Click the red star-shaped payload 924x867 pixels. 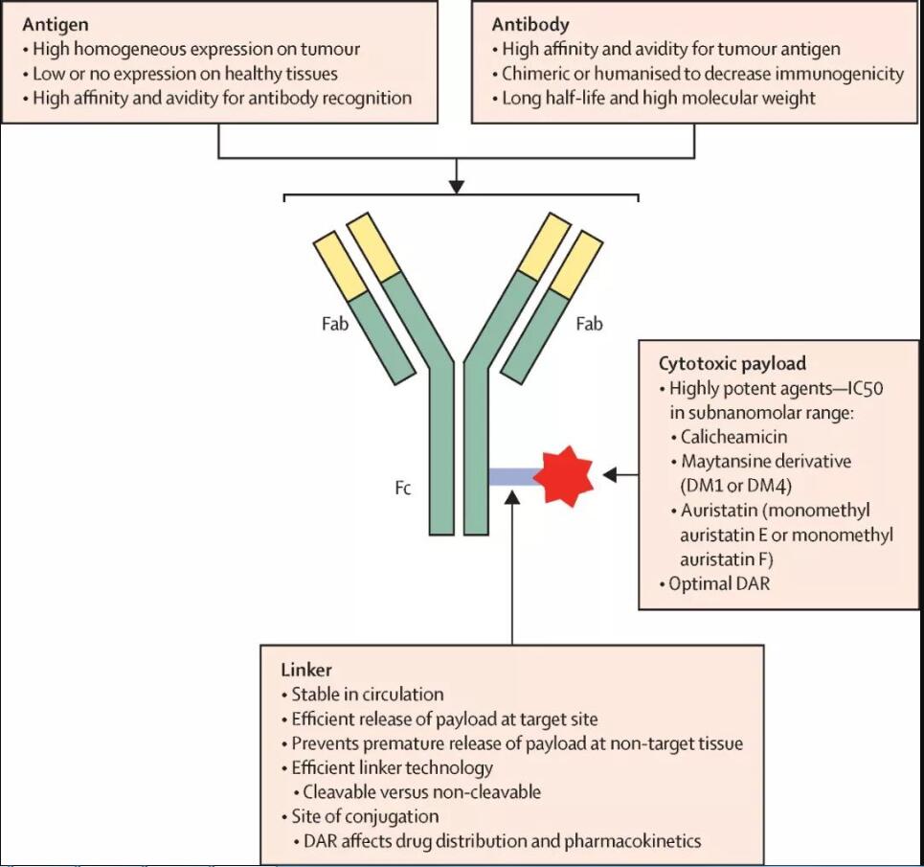(567, 476)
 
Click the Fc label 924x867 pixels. (403, 488)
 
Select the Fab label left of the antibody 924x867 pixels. (335, 323)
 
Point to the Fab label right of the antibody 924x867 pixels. (589, 323)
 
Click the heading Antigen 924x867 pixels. (56, 25)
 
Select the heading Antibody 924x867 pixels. (530, 24)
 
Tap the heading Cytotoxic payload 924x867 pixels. (732, 363)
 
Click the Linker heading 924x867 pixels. (306, 670)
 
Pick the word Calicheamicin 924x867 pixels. (733, 437)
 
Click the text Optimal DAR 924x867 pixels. (719, 583)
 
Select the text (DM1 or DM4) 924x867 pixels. (736, 486)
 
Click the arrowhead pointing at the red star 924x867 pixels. (610, 474)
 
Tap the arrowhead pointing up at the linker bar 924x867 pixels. (512, 498)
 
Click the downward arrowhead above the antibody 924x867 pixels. (456, 186)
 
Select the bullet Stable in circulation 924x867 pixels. (367, 695)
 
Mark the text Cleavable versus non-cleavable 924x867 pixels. (421, 791)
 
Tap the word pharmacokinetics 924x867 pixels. (633, 841)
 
